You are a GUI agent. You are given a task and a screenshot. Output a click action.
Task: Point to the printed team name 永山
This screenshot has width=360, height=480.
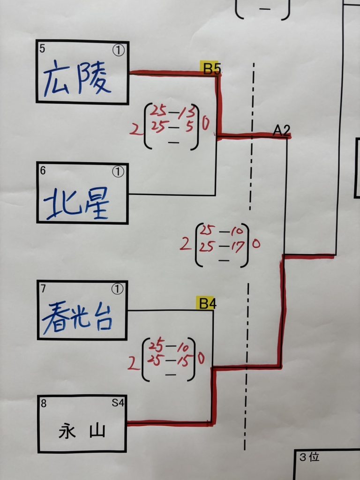coord(82,432)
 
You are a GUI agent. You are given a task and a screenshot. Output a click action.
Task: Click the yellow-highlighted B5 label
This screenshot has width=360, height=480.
coord(211,68)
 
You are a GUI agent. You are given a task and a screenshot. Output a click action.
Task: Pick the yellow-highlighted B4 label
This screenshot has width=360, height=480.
coord(207,304)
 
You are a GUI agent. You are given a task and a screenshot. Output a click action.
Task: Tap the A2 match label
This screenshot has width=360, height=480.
coord(281,131)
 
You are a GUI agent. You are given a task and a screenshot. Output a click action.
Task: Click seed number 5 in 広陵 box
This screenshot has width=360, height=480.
coord(42,48)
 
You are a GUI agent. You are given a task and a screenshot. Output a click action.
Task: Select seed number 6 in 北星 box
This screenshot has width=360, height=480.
coord(43,171)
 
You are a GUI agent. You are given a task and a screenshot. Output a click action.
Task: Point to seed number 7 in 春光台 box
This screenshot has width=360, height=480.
coord(43,288)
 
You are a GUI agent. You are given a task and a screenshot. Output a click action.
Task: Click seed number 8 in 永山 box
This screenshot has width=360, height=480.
coord(44,404)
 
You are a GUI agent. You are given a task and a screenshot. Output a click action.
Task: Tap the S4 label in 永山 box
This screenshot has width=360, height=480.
coord(118,403)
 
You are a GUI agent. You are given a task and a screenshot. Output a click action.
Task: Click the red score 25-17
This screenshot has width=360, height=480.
coord(222,246)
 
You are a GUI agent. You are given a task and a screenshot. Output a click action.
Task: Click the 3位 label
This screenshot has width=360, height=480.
coord(309,457)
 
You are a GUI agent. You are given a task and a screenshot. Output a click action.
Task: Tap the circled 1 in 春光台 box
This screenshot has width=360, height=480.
coord(118,289)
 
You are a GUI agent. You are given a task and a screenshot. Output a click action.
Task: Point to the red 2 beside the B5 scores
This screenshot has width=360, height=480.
coord(134,129)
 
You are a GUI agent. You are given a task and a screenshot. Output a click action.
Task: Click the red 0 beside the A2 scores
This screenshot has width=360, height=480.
coord(256,244)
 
